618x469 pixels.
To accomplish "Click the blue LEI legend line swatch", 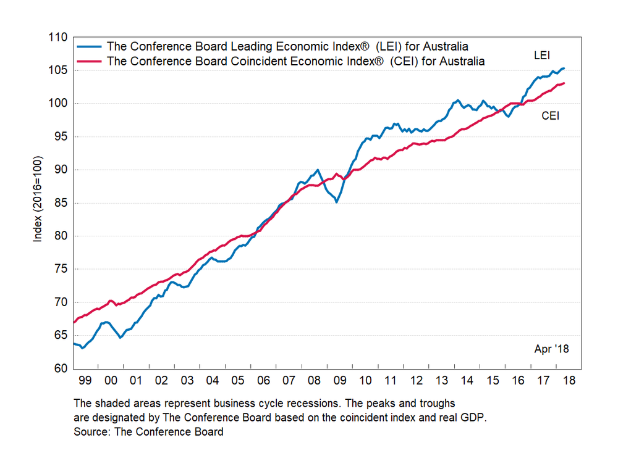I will tap(90, 46).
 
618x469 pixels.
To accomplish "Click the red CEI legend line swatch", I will tap(90, 61).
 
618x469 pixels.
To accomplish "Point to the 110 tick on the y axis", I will tap(58, 37).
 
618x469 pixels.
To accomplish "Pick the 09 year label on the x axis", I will tap(339, 380).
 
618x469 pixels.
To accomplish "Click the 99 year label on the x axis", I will tap(85, 380).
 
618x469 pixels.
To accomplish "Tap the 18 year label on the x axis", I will tap(569, 380).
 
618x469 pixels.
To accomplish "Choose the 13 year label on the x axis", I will tap(441, 380).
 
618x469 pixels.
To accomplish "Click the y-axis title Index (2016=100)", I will tap(38, 203).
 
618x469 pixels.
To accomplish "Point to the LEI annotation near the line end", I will tap(542, 56).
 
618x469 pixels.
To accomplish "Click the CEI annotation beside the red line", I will tap(550, 115).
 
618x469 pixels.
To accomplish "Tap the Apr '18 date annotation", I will tap(551, 349).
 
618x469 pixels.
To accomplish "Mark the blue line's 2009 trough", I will tap(336, 202).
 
